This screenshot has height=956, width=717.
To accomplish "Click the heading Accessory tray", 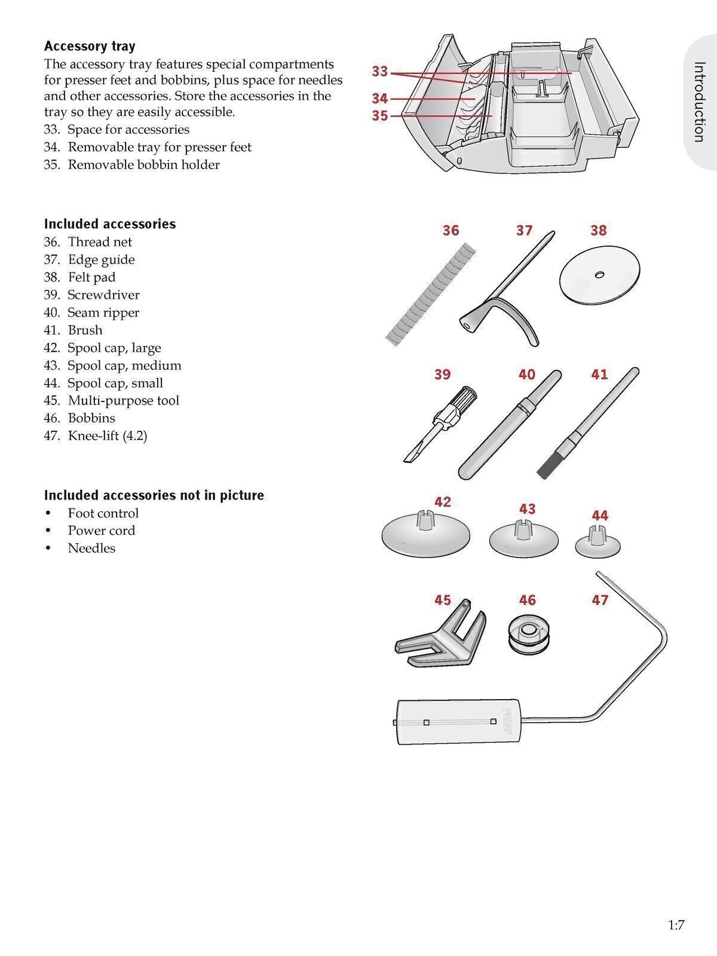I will pos(90,46).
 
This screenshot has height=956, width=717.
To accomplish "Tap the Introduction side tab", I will pos(698,102).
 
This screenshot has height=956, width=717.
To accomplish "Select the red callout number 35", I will pos(380,116).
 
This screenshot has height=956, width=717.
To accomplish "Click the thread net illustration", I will pos(431,294).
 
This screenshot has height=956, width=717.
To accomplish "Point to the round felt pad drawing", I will pos(599,274).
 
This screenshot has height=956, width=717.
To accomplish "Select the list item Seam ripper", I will pos(103,312).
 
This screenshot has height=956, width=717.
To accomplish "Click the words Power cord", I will pos(102,531).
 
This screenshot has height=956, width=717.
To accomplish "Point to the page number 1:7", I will pos(676,926).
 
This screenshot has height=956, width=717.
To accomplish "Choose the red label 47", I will pos(599,600).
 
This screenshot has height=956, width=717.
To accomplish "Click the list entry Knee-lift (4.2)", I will pos(108,436).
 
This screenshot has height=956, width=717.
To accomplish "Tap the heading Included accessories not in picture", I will pos(154,495).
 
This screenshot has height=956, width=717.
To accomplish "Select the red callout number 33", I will pos(380,71).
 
